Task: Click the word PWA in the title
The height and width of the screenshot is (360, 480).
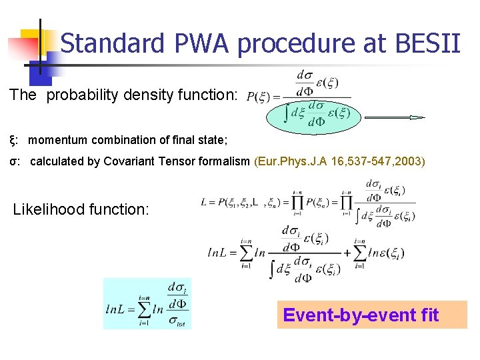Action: tap(199, 44)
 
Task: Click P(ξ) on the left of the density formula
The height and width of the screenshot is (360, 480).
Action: tap(259, 97)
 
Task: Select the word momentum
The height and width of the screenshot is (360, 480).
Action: tap(60, 140)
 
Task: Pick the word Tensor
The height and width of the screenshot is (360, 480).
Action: tap(177, 161)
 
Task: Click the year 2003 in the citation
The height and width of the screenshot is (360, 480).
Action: tap(409, 161)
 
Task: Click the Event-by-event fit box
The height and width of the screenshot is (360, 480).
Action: tap(371, 314)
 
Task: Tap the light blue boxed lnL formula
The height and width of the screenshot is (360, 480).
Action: tap(147, 303)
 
